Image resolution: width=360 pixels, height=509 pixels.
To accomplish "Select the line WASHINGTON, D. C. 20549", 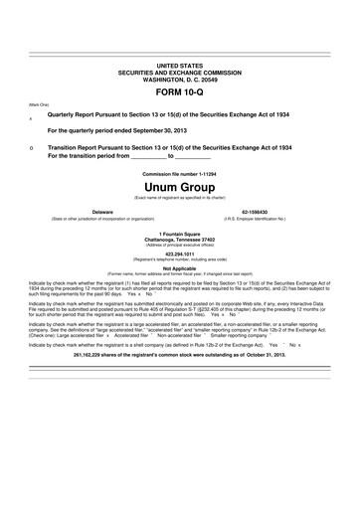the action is pyautogui.click(x=179, y=81).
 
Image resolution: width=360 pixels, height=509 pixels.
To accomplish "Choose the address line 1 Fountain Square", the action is pyautogui.click(x=179, y=235).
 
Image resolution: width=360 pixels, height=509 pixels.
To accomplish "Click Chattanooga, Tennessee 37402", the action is pyautogui.click(x=179, y=240).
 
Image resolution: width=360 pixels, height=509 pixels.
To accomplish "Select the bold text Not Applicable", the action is pyautogui.click(x=179, y=267).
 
